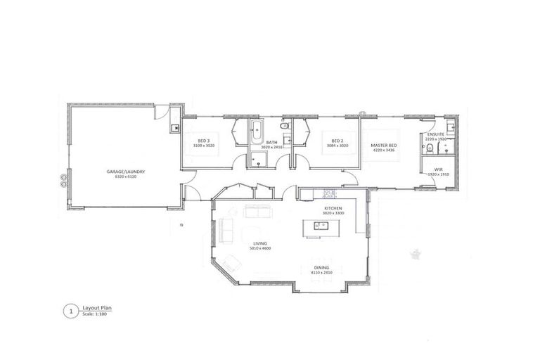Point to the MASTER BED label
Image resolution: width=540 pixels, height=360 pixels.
point(384,145)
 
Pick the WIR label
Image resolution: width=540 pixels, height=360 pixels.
point(438,169)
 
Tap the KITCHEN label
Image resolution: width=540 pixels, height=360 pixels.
point(333,209)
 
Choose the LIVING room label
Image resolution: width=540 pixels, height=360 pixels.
point(259,244)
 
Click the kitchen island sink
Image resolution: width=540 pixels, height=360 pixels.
point(320,226)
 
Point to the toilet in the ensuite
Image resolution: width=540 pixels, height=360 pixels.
point(427,148)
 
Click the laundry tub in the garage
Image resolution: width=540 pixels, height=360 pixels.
point(174,128)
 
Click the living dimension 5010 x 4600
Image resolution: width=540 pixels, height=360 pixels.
point(259,249)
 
